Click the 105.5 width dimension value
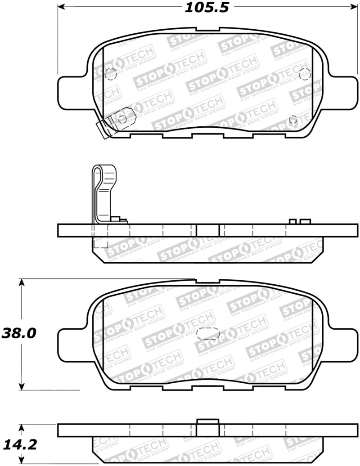pos(204,7)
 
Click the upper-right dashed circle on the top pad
pos(305,72)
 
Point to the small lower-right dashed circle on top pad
pos(293,120)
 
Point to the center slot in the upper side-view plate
pos(207,230)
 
